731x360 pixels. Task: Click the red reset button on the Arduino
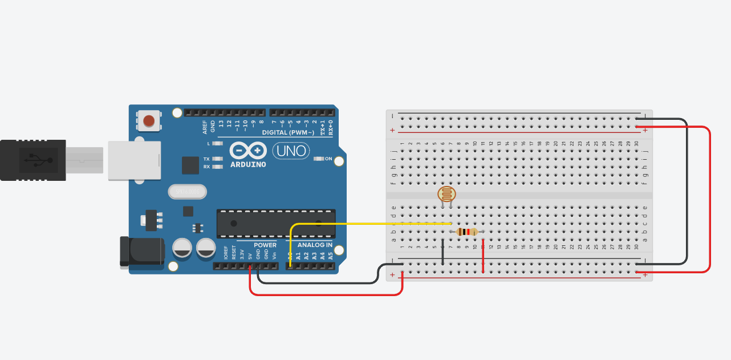tap(149, 121)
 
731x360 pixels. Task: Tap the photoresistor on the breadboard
tap(446, 194)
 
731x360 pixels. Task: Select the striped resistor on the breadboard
tap(468, 232)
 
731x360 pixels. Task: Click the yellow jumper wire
tap(371, 224)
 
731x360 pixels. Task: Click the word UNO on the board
tap(291, 151)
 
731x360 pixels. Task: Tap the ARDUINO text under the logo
tap(248, 164)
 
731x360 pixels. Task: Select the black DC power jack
tap(141, 251)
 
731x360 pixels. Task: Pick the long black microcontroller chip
tap(275, 223)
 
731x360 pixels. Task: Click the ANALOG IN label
tap(314, 245)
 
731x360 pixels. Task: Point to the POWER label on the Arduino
tap(265, 245)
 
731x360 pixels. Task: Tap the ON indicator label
tap(328, 159)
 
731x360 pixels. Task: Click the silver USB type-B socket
tap(134, 161)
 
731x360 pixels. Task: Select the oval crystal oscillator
tap(186, 192)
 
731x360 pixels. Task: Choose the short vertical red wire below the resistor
tap(483, 258)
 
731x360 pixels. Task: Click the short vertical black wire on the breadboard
tap(442, 252)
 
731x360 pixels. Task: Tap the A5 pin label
tap(330, 256)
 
